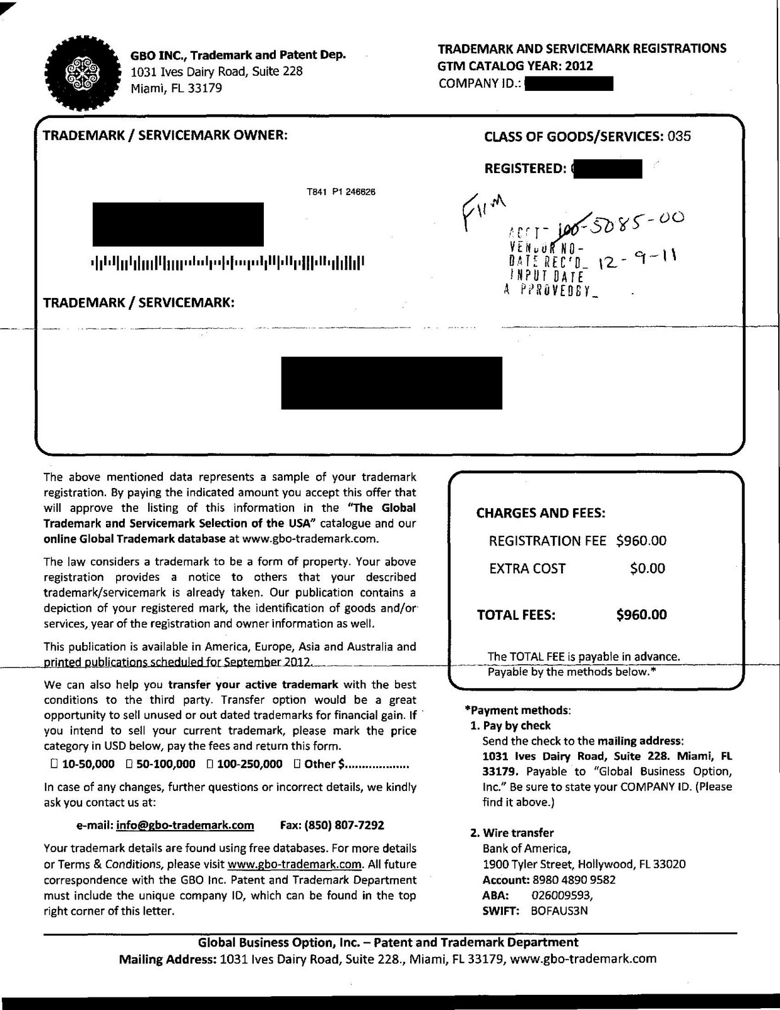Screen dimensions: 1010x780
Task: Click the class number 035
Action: (679, 136)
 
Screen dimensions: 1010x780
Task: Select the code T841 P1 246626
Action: (341, 192)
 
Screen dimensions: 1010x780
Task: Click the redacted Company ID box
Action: (569, 83)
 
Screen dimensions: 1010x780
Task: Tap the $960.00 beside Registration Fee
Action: (641, 540)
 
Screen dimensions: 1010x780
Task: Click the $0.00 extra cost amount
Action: (647, 568)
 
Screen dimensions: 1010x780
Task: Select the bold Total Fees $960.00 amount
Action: (641, 614)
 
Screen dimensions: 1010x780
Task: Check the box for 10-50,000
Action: (54, 764)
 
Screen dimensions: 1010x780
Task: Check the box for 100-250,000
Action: (210, 764)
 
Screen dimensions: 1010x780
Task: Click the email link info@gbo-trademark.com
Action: (185, 825)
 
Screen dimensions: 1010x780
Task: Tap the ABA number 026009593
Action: (562, 894)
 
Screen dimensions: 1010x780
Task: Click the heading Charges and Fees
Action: (541, 513)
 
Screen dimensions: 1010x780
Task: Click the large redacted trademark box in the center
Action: (391, 383)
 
